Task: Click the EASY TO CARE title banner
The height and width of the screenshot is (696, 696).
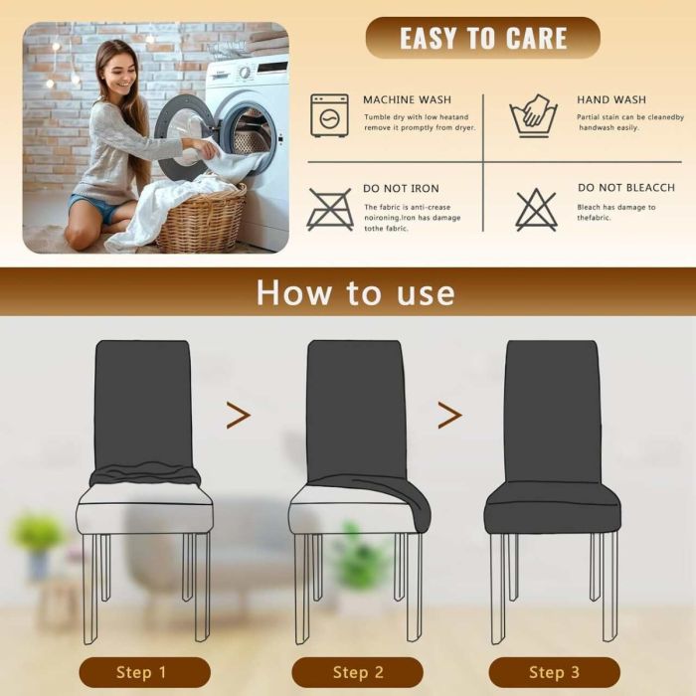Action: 482,38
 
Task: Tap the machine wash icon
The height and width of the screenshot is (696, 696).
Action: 329,115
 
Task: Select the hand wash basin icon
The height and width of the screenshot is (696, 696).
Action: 533,115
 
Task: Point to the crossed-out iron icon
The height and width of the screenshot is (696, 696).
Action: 330,210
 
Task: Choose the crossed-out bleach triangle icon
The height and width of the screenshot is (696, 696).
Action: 536,210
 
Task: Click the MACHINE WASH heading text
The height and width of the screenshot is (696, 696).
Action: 407,99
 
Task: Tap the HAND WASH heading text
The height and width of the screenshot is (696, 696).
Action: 611,99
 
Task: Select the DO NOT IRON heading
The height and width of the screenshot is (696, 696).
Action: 401,189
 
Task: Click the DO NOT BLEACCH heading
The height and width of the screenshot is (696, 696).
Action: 625,188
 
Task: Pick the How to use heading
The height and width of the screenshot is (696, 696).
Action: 356,293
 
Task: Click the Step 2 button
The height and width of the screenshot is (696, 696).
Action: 357,672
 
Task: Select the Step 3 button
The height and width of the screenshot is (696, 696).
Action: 555,672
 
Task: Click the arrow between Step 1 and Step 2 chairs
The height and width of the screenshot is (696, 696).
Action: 239,415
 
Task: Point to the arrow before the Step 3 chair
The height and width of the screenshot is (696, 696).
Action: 449,415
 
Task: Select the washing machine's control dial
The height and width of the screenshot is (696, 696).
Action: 245,72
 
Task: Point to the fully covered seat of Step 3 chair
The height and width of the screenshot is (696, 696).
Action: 552,508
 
